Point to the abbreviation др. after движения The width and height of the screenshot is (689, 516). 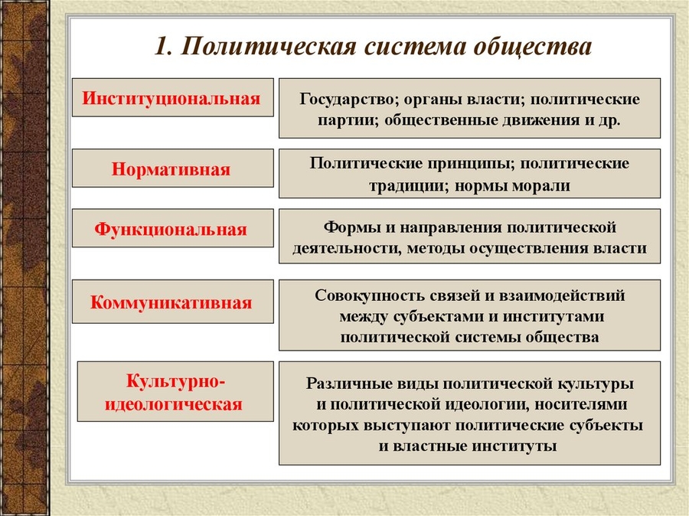pyautogui.click(x=609, y=121)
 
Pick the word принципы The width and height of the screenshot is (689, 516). pyautogui.click(x=443, y=164)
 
